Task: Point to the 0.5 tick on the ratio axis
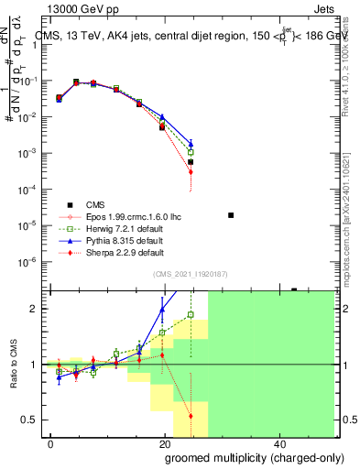tap(32, 420)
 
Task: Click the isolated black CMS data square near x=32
tap(231, 215)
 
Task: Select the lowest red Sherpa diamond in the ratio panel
tap(191, 416)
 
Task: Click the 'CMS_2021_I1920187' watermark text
tap(190, 273)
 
